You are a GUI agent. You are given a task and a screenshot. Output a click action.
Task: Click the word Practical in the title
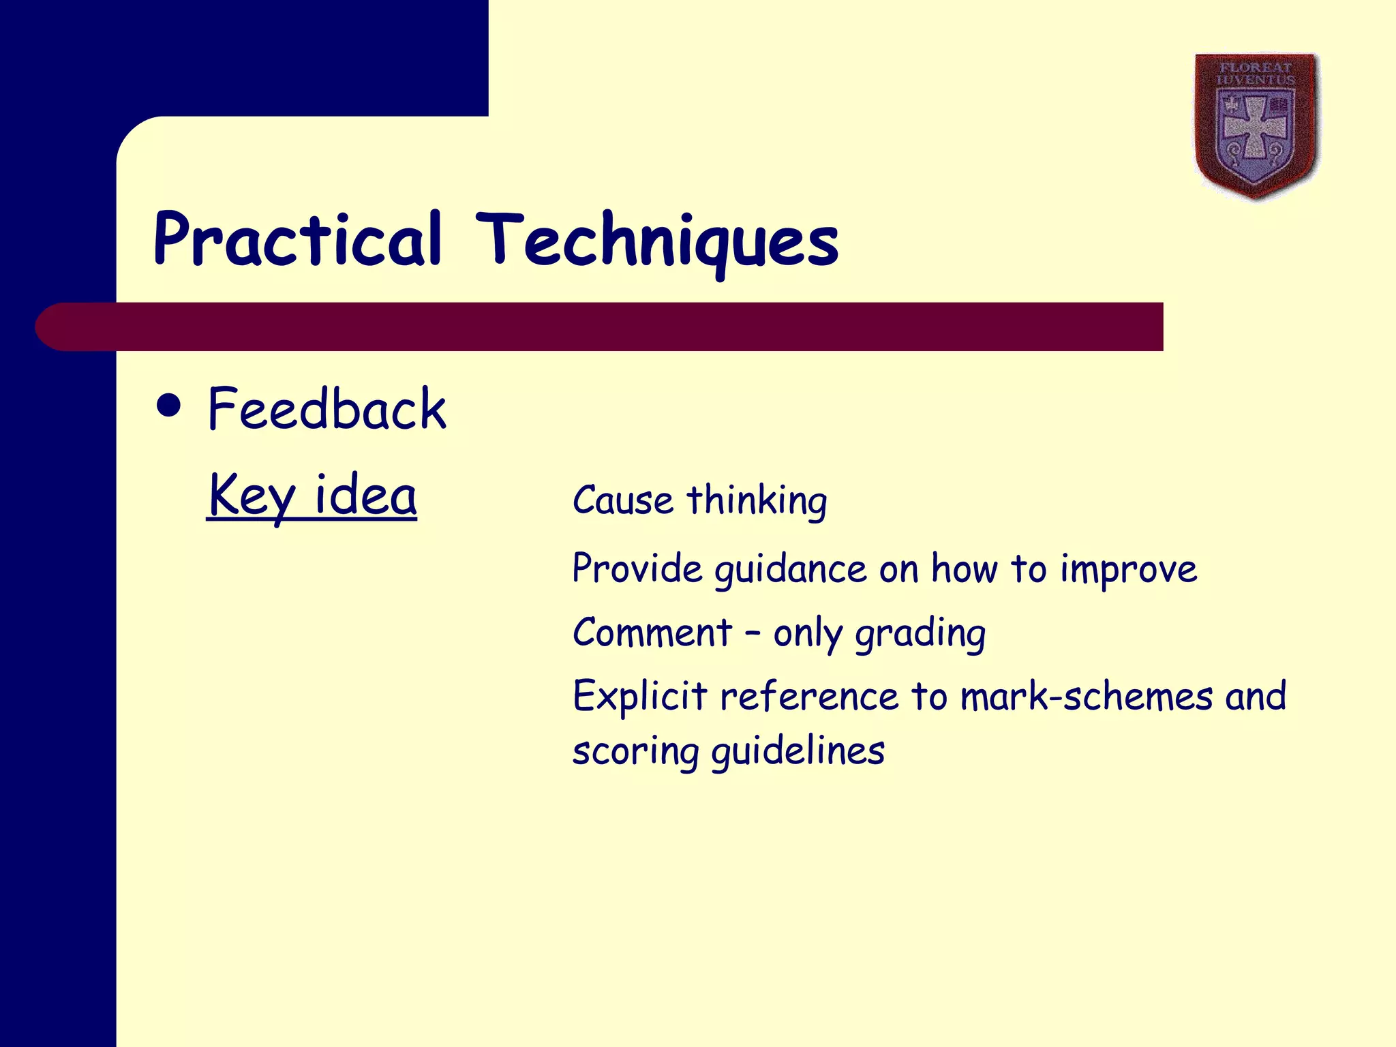(298, 240)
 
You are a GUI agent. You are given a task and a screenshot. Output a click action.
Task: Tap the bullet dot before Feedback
(168, 406)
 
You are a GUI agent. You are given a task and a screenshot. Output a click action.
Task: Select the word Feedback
(327, 409)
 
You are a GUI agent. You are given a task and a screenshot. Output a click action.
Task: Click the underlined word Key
(252, 496)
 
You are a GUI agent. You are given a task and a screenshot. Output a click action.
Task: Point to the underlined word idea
(365, 495)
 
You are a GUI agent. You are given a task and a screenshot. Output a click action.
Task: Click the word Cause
(623, 500)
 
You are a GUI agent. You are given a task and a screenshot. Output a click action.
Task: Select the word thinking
(757, 502)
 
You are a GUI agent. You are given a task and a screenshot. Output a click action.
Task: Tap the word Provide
(637, 568)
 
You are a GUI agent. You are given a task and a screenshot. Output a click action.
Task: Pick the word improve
(1128, 570)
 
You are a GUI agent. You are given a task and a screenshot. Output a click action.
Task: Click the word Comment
(652, 633)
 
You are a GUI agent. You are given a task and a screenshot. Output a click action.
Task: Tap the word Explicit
(639, 697)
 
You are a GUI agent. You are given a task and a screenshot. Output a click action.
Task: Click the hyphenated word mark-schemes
(1087, 697)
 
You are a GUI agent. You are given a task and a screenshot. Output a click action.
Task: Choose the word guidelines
(798, 751)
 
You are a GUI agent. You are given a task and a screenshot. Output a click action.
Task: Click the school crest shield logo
(1256, 127)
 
